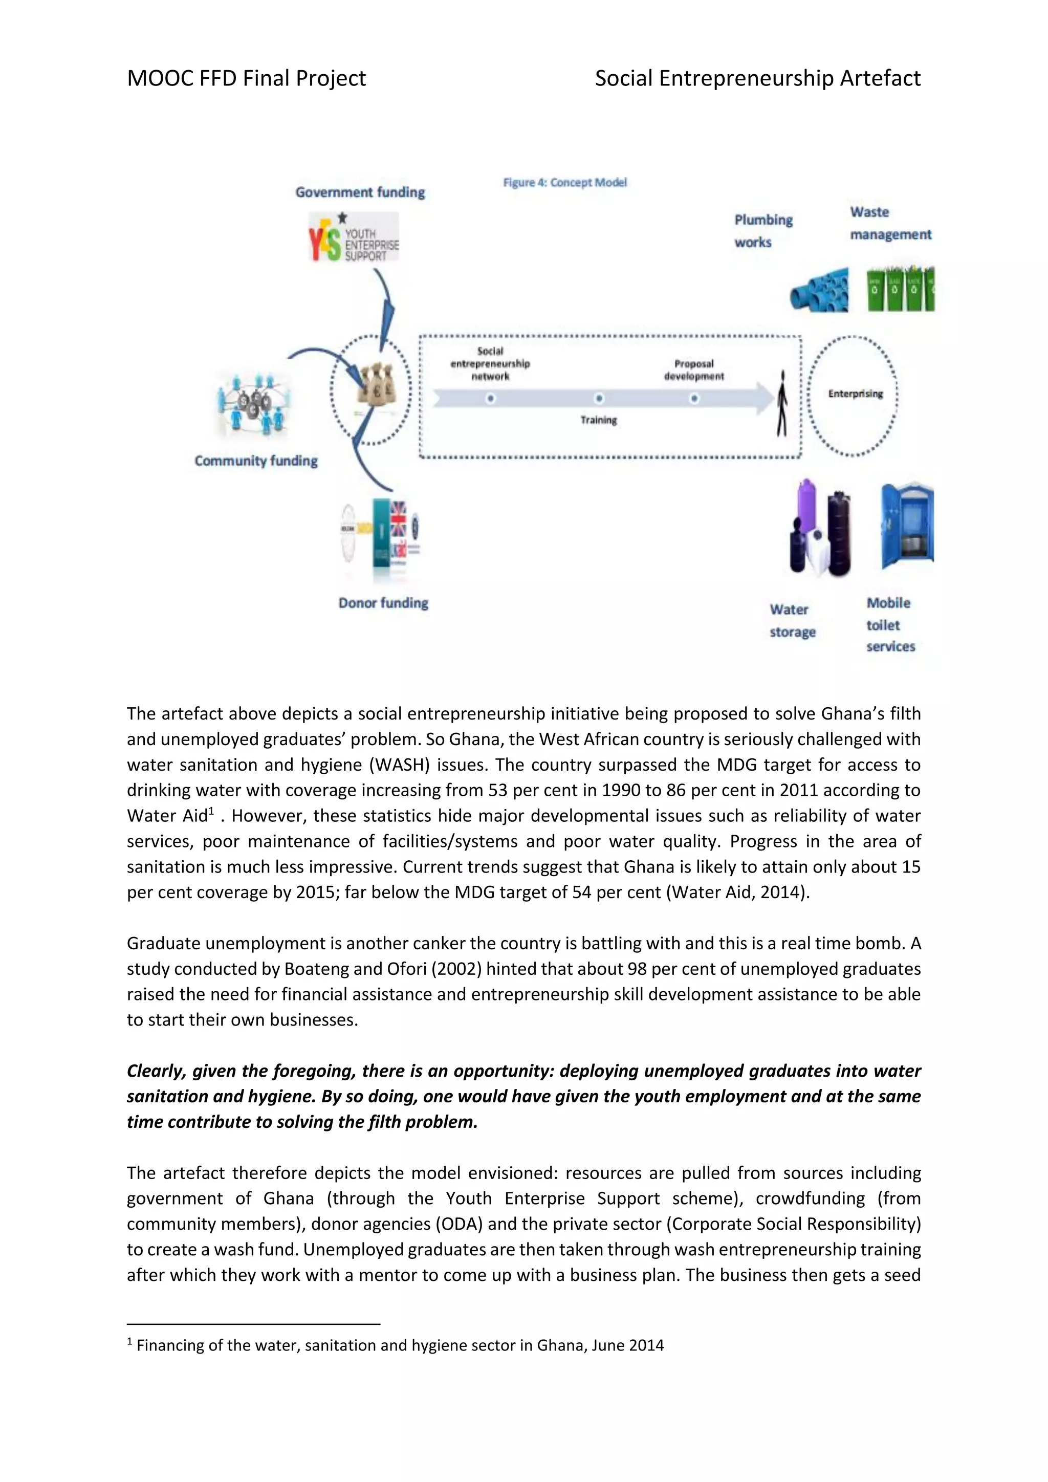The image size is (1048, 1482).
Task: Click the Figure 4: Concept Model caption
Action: pyautogui.click(x=564, y=183)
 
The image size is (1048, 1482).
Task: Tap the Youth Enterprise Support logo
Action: pyautogui.click(x=354, y=238)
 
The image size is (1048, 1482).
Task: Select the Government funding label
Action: pyautogui.click(x=360, y=192)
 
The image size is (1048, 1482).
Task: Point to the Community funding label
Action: pyautogui.click(x=256, y=461)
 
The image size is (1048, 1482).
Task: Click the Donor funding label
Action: pyautogui.click(x=383, y=603)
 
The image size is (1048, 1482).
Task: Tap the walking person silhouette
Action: pyautogui.click(x=782, y=403)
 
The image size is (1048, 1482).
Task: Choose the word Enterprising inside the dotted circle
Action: pyautogui.click(x=855, y=394)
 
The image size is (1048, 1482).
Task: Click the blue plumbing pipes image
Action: pyautogui.click(x=820, y=291)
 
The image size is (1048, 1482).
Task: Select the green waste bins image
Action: pyautogui.click(x=901, y=289)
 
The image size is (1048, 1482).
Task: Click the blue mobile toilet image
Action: pyautogui.click(x=907, y=526)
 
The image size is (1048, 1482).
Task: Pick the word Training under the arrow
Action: pyautogui.click(x=598, y=420)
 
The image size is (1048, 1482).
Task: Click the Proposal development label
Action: pyautogui.click(x=694, y=370)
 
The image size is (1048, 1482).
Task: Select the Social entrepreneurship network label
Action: pyautogui.click(x=490, y=363)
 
